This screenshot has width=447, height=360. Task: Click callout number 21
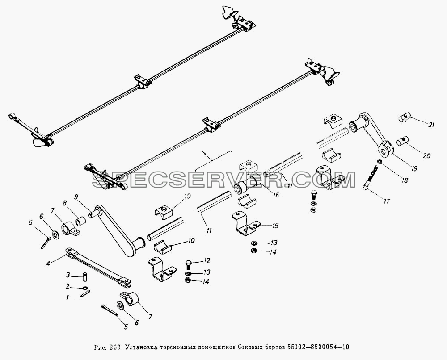coord(432,125)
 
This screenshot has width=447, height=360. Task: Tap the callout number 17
coord(386,201)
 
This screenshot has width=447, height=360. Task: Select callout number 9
coord(76,197)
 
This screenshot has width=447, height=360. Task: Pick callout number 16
coord(276,195)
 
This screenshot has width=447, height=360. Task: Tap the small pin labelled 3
coord(84,276)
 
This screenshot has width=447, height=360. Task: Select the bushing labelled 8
coord(80,221)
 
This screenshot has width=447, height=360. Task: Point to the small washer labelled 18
coord(380,162)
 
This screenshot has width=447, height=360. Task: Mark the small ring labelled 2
coord(85,288)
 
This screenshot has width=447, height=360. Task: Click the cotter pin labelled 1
coord(85,294)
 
